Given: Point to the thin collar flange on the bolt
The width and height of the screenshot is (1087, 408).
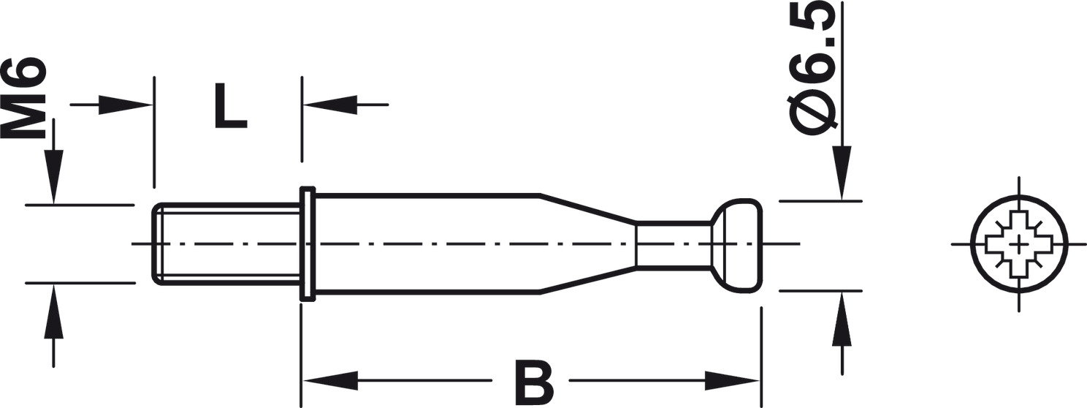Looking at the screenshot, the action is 308,243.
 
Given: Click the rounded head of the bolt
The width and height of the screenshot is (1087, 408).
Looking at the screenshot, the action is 736,243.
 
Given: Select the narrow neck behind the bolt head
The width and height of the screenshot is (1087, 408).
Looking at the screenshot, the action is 674,243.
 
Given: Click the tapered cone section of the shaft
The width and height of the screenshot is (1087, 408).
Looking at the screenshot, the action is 587,243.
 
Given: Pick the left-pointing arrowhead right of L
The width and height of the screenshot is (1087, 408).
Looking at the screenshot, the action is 330,105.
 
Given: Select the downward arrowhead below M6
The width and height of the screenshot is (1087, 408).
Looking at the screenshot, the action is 53,177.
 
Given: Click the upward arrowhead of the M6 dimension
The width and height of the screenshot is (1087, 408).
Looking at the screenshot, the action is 53,310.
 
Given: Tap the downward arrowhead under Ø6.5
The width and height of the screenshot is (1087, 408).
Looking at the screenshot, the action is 842,173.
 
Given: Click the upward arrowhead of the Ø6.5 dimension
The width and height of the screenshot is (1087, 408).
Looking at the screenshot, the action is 842,319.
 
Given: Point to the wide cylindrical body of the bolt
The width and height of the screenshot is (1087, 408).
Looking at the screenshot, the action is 427,243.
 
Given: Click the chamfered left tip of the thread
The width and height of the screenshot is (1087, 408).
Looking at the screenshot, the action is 157,243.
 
